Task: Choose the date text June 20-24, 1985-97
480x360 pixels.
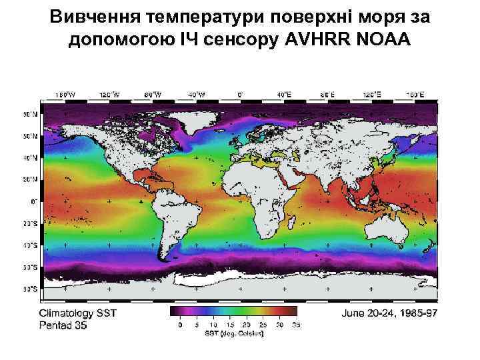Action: (389, 312)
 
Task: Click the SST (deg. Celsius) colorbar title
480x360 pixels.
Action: (234, 334)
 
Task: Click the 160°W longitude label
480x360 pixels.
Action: (64, 95)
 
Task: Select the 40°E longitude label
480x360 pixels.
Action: (285, 95)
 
